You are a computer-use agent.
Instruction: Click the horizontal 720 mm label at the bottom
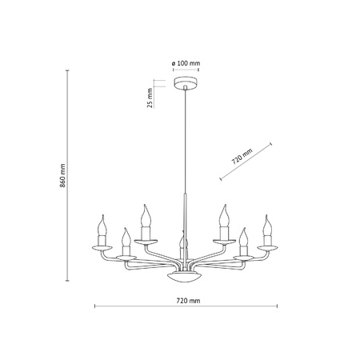click(x=186, y=300)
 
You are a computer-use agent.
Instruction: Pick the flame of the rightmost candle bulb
click(x=266, y=219)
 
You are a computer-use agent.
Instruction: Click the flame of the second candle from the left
click(x=125, y=234)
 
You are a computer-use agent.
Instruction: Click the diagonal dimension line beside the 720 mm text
click(x=245, y=164)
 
